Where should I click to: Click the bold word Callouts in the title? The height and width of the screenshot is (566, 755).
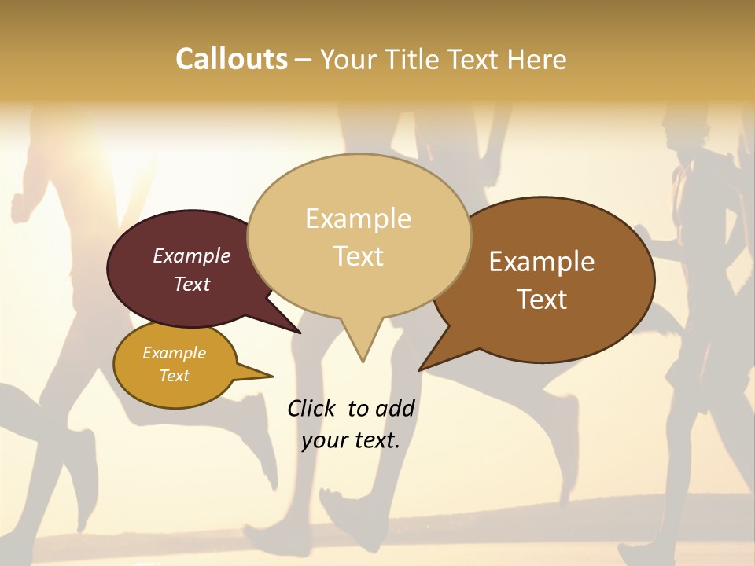(231, 59)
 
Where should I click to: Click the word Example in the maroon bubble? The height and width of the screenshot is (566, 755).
(192, 255)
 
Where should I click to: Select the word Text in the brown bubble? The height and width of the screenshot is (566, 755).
(542, 299)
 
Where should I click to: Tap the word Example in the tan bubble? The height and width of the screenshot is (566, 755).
(359, 219)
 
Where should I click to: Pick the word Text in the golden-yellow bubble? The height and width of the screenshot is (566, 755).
(175, 376)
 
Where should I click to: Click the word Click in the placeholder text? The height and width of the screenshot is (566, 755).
(312, 408)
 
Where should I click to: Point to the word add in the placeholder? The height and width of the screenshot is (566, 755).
(395, 408)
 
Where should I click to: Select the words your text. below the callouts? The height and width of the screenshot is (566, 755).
(351, 440)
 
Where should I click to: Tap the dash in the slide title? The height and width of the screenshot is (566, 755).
(304, 59)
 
